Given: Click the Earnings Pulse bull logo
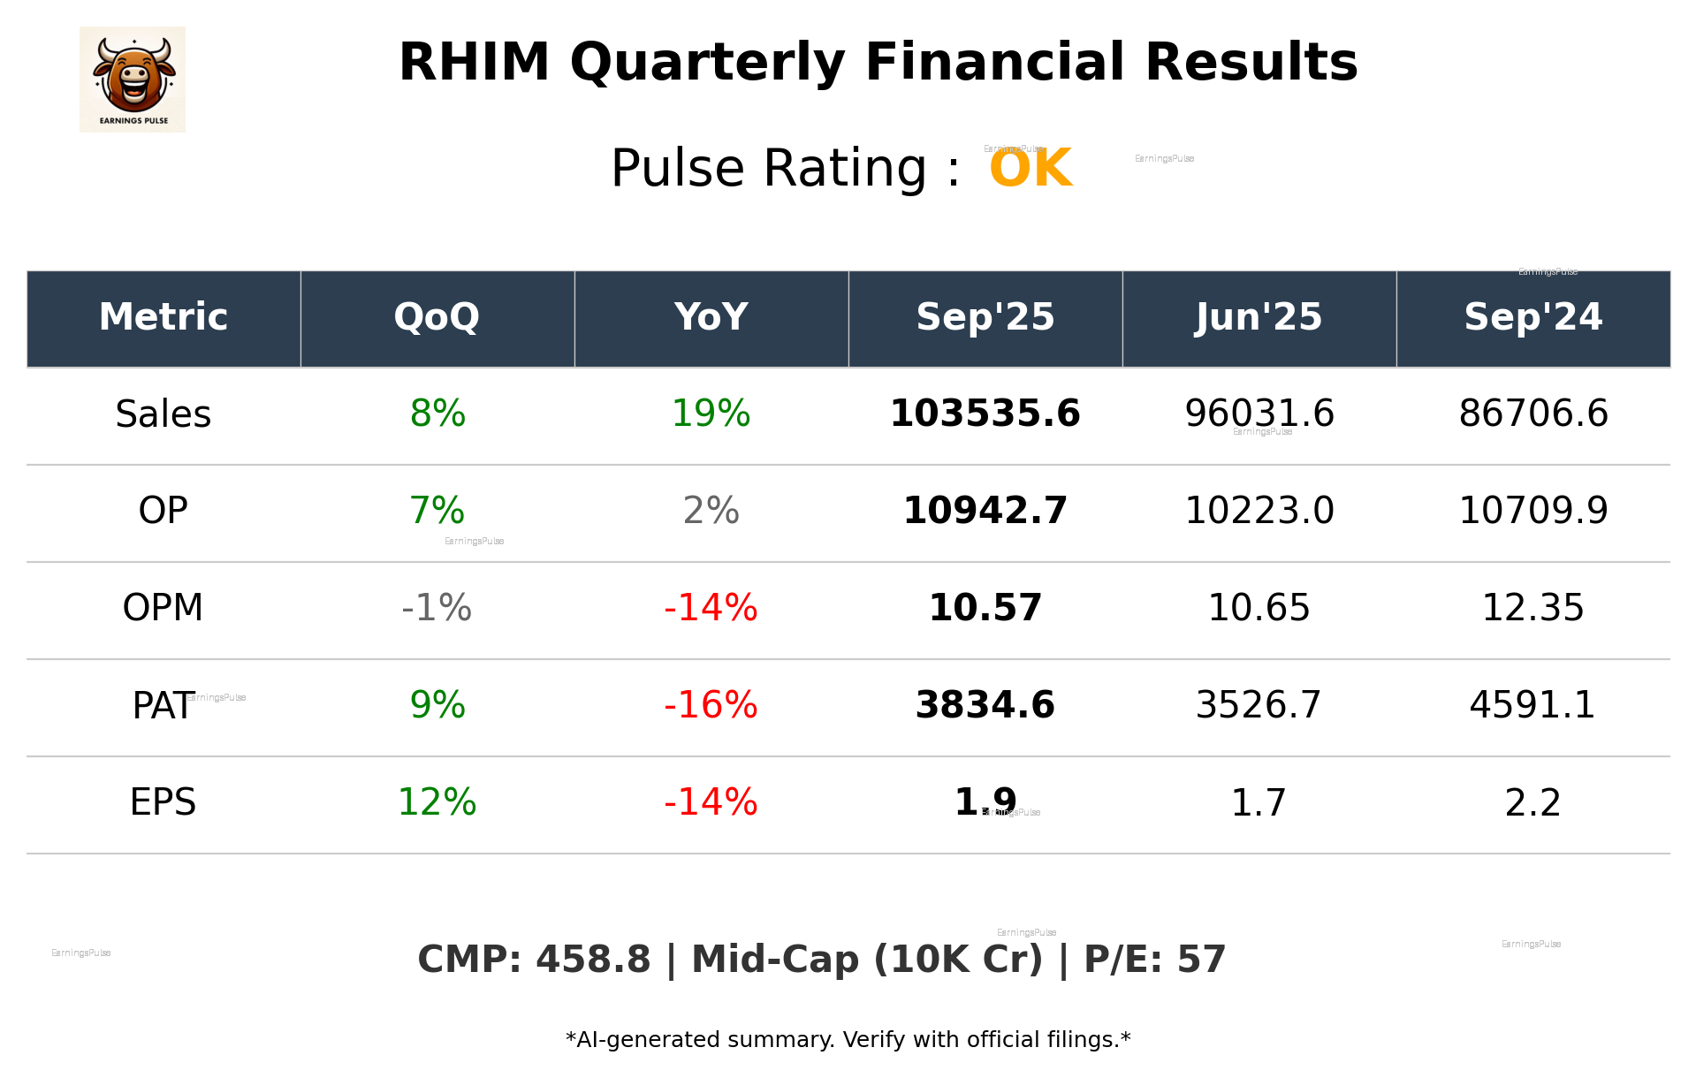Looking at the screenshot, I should point(133,80).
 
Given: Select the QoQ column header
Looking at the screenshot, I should point(437,317).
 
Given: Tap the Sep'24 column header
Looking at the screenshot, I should point(1532,317).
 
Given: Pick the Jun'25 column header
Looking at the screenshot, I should point(1259,317).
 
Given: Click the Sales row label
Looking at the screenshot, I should point(164,414).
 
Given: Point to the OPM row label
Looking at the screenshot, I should point(164,608).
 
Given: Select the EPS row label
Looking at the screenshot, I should point(164,802).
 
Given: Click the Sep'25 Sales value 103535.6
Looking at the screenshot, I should point(985,414).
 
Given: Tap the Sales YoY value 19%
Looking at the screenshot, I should point(711,414).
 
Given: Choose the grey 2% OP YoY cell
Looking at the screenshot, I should point(711,511).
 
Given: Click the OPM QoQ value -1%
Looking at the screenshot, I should point(437,608).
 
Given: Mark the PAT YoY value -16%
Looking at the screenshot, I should point(711,705).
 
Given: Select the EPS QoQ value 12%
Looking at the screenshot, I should point(437,802).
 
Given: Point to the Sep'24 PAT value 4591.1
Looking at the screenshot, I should point(1532,705).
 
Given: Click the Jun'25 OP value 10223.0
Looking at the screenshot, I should point(1259,511).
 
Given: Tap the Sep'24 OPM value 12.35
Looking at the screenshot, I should point(1532,608).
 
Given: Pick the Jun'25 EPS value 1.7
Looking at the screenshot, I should point(1259,802).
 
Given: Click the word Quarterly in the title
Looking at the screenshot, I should point(707,64).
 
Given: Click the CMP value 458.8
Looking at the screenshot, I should point(593,960).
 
